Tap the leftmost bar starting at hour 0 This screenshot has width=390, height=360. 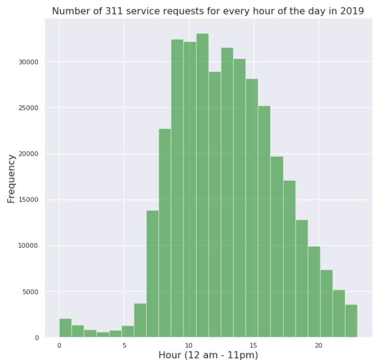pos(65,328)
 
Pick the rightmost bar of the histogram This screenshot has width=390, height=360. pos(351,321)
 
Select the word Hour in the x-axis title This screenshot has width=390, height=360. pos(170,355)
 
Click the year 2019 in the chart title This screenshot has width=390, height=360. pos(352,10)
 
